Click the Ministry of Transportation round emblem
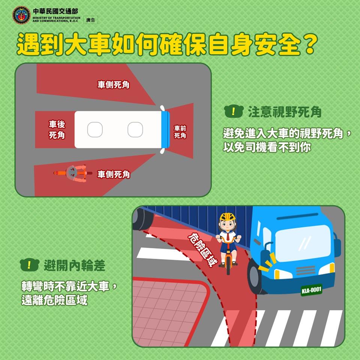point(21,15)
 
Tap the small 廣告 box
point(90,20)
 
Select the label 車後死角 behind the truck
point(57,130)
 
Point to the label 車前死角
point(180,132)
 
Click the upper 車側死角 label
point(113,85)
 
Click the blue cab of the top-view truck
point(165,129)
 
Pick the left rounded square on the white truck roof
point(95,130)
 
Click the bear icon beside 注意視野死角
point(234,112)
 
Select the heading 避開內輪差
point(74,265)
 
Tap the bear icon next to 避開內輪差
point(29,265)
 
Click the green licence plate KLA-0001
point(312,290)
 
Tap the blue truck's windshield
point(303,243)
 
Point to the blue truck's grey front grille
point(306,270)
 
